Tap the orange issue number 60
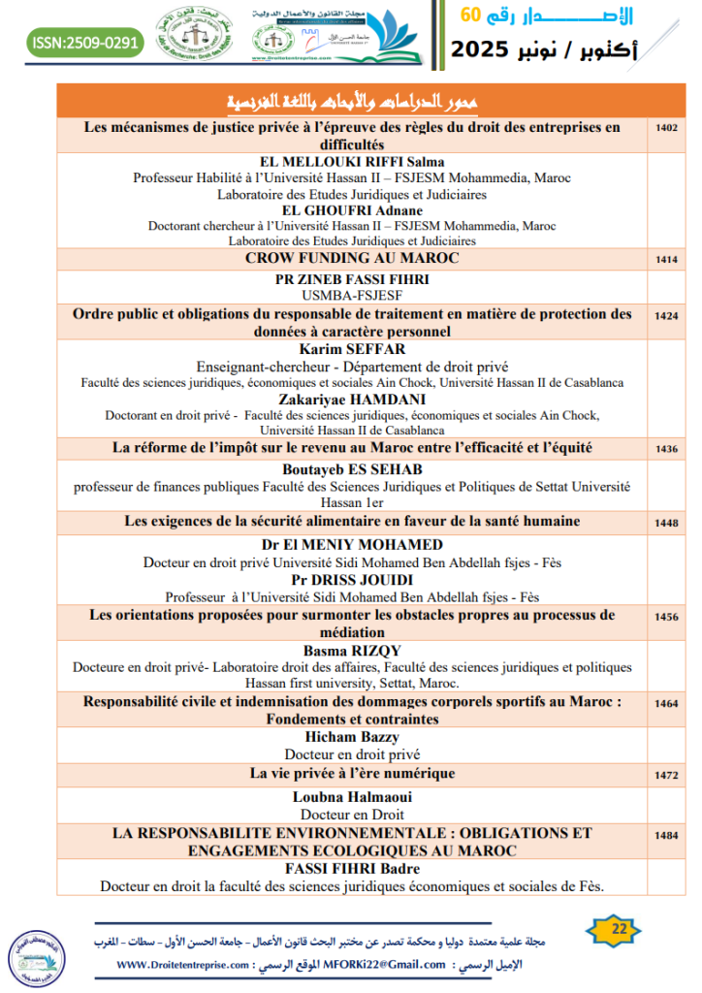469,14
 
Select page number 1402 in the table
666,127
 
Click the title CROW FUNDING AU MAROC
352,258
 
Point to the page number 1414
666,259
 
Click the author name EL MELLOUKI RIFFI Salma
352,162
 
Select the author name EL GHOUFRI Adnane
352,209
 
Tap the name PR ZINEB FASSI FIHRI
352,278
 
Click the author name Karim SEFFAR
352,349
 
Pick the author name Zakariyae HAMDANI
352,398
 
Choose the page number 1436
666,449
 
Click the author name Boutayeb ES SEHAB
352,468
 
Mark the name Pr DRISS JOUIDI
352,579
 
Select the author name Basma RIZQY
352,650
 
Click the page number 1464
666,703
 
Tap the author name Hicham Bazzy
352,737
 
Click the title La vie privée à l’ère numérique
352,774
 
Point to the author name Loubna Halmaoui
352,797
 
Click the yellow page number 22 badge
619,929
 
